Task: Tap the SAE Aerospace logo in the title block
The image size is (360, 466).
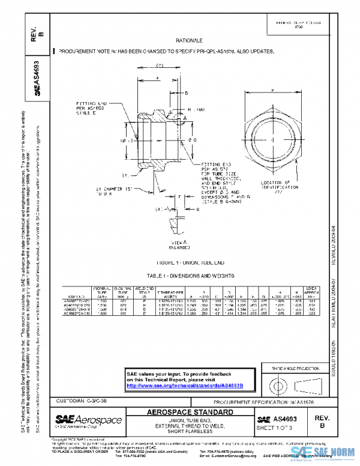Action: click(88, 419)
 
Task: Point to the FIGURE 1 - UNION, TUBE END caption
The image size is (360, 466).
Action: click(181, 262)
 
